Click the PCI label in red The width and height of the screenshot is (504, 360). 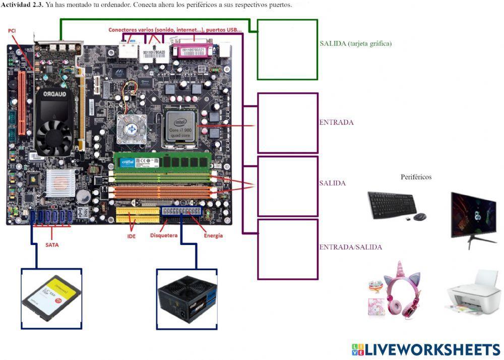tap(12, 31)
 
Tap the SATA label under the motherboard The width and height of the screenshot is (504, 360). tap(51, 245)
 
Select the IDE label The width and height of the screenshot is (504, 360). tap(133, 235)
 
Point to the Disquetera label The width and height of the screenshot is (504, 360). tap(163, 235)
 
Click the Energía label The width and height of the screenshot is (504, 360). tap(213, 235)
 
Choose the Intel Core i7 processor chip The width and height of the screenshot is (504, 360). tap(181, 126)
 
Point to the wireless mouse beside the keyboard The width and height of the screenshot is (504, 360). tap(420, 217)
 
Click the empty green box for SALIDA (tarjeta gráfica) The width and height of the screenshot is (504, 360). tap(287, 49)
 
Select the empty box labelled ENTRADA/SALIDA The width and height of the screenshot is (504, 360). tap(287, 249)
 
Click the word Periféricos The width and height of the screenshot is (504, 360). tap(416, 177)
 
